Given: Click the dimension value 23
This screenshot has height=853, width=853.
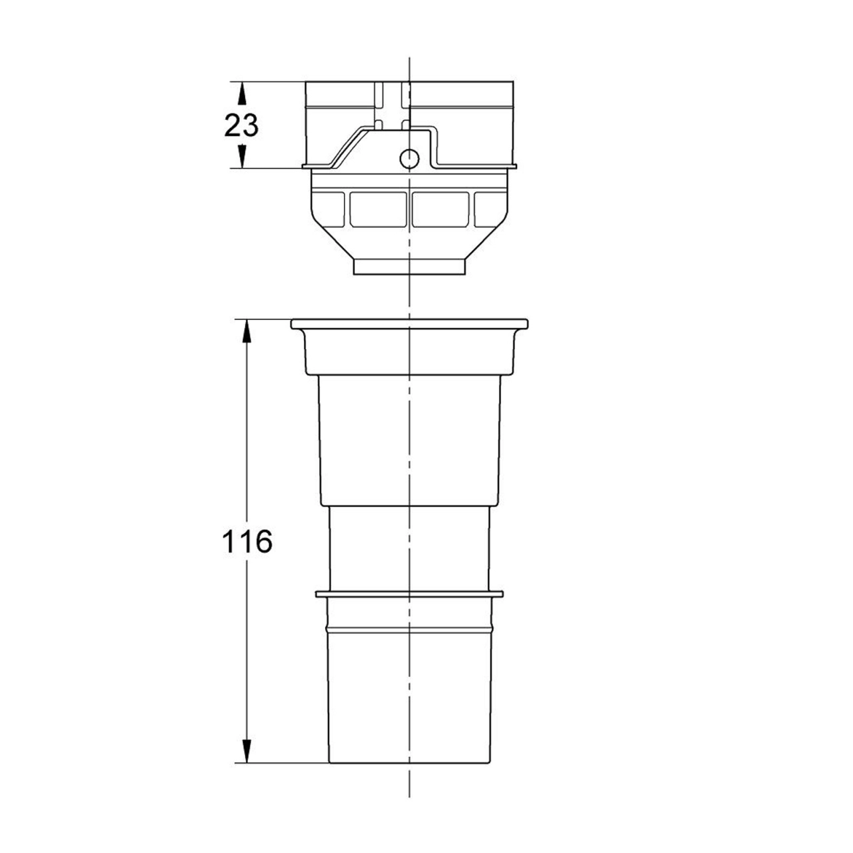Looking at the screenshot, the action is coord(241,126).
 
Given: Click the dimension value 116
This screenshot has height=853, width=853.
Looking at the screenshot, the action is coord(247,541).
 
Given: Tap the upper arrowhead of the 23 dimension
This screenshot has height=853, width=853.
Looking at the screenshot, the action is coord(242,94).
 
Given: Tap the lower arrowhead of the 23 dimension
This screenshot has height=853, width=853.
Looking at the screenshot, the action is coord(242,156).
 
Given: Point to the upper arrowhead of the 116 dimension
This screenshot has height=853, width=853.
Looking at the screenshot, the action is coord(247,332).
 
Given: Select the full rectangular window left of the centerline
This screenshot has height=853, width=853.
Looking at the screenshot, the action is coord(378,209).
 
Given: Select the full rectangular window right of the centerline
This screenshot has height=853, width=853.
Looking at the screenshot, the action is coord(440,209).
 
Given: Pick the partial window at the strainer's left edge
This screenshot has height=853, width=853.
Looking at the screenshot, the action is coord(330,209).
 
